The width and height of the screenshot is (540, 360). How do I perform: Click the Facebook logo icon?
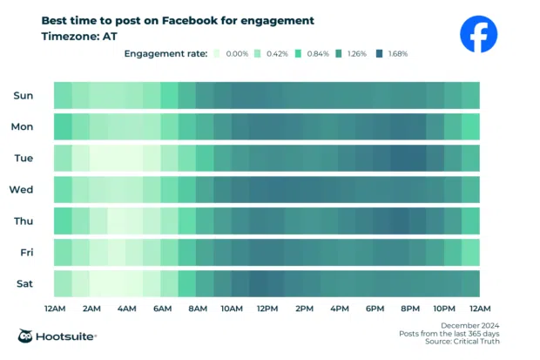coord(478,35)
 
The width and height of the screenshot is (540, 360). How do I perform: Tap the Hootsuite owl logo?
coord(27,336)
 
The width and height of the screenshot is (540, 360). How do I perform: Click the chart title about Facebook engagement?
coord(178,20)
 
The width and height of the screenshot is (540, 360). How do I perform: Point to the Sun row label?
coord(24,95)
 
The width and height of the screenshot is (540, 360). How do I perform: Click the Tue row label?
coord(24,158)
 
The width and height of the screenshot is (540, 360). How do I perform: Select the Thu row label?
coord(24,221)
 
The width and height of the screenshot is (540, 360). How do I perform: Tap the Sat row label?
coord(24,283)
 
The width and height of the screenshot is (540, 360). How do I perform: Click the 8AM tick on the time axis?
coord(197,309)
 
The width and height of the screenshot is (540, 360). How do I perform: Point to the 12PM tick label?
coord(267,309)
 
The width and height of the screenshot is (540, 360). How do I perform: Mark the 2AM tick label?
coord(91,309)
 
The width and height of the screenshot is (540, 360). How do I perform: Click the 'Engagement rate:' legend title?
coord(165,54)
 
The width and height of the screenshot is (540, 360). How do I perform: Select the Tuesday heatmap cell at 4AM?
coord(125,158)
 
